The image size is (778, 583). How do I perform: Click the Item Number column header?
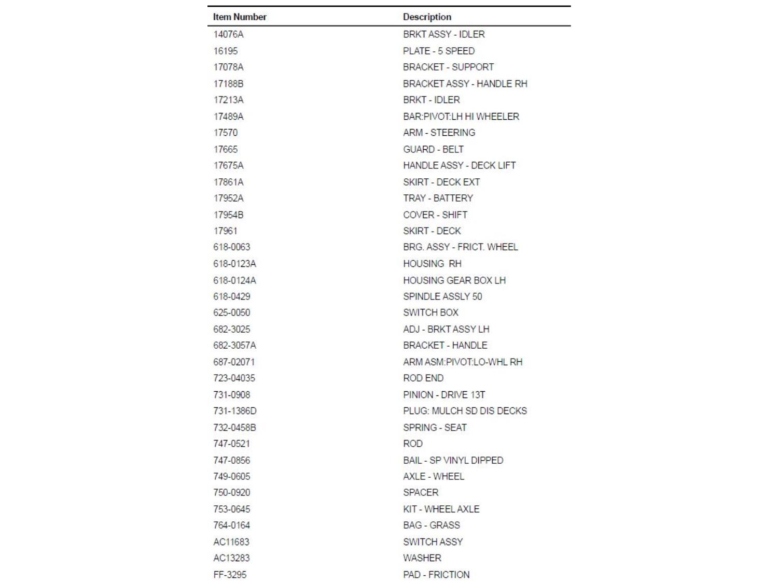(240, 17)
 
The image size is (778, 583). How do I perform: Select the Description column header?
(427, 17)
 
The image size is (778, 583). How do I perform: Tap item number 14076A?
(228, 34)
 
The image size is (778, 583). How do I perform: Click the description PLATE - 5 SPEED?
(438, 51)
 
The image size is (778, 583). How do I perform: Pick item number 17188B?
(228, 83)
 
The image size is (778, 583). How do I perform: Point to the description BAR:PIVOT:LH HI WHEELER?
(461, 117)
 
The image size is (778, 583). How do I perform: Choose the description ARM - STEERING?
(439, 133)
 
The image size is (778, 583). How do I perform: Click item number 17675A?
(228, 165)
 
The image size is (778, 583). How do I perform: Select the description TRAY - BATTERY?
(438, 198)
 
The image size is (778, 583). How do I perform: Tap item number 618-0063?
(231, 247)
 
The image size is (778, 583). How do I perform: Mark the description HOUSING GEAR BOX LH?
(454, 280)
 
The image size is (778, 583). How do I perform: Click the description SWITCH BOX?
(430, 312)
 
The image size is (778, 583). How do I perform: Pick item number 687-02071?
(234, 362)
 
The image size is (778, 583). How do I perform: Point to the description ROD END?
(423, 378)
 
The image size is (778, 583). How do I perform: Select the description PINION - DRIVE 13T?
(443, 395)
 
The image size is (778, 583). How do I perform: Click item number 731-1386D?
(234, 411)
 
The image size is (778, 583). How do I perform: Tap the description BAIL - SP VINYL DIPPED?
(453, 460)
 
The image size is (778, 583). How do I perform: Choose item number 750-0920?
(231, 492)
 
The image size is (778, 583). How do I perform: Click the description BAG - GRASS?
(431, 525)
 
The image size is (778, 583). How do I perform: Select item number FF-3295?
(230, 575)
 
